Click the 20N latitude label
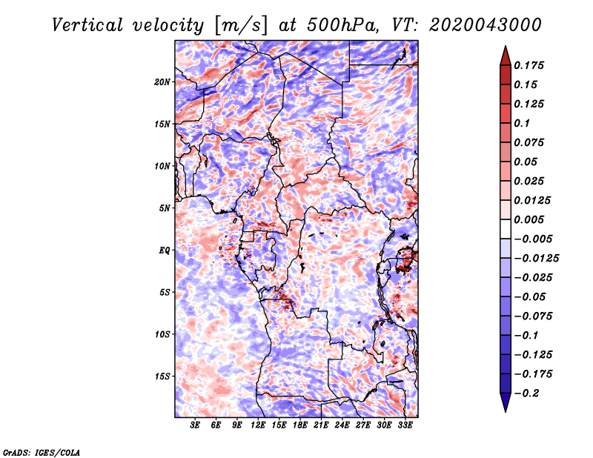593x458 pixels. [162, 82]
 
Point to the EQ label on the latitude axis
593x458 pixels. [165, 250]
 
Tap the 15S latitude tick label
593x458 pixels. [162, 376]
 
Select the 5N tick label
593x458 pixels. [165, 208]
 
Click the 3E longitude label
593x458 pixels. [195, 425]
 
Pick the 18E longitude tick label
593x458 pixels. [300, 425]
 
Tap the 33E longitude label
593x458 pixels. [405, 425]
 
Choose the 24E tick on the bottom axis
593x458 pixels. [342, 425]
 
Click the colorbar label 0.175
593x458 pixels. [529, 65]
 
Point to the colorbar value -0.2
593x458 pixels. [526, 394]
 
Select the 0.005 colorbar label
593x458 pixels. [529, 219]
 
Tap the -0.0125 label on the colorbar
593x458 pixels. [536, 259]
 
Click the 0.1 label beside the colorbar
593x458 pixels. [522, 123]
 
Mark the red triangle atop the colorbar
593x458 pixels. [506, 56]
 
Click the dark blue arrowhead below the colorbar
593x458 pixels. [506, 402]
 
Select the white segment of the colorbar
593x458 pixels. [506, 229]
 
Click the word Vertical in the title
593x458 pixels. [87, 25]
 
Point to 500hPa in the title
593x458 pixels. [342, 25]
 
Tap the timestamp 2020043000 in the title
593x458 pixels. [486, 25]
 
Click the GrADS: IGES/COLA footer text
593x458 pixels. [42, 452]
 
